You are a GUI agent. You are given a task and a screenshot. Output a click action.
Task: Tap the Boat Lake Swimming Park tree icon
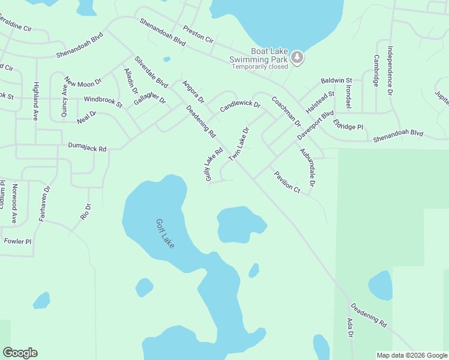tap(297, 58)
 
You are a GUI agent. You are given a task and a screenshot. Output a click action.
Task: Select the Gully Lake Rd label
tap(214, 165)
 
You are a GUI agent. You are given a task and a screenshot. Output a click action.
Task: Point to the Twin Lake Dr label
tap(238, 144)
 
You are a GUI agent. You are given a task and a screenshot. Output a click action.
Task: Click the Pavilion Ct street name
tap(287, 182)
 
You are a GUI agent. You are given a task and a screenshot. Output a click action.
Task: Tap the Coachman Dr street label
tap(286, 112)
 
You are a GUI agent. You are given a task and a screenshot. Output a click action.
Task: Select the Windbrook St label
tap(103, 100)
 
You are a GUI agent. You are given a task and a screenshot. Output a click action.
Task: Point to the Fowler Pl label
tap(17, 241)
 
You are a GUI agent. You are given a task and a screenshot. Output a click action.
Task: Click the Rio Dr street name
tap(86, 211)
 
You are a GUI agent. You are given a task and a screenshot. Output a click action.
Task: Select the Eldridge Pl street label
tap(349, 127)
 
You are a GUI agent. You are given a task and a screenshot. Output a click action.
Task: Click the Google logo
tap(20, 353)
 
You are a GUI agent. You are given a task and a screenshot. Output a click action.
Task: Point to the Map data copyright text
tap(411, 355)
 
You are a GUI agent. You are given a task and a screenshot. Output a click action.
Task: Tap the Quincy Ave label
tap(64, 98)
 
